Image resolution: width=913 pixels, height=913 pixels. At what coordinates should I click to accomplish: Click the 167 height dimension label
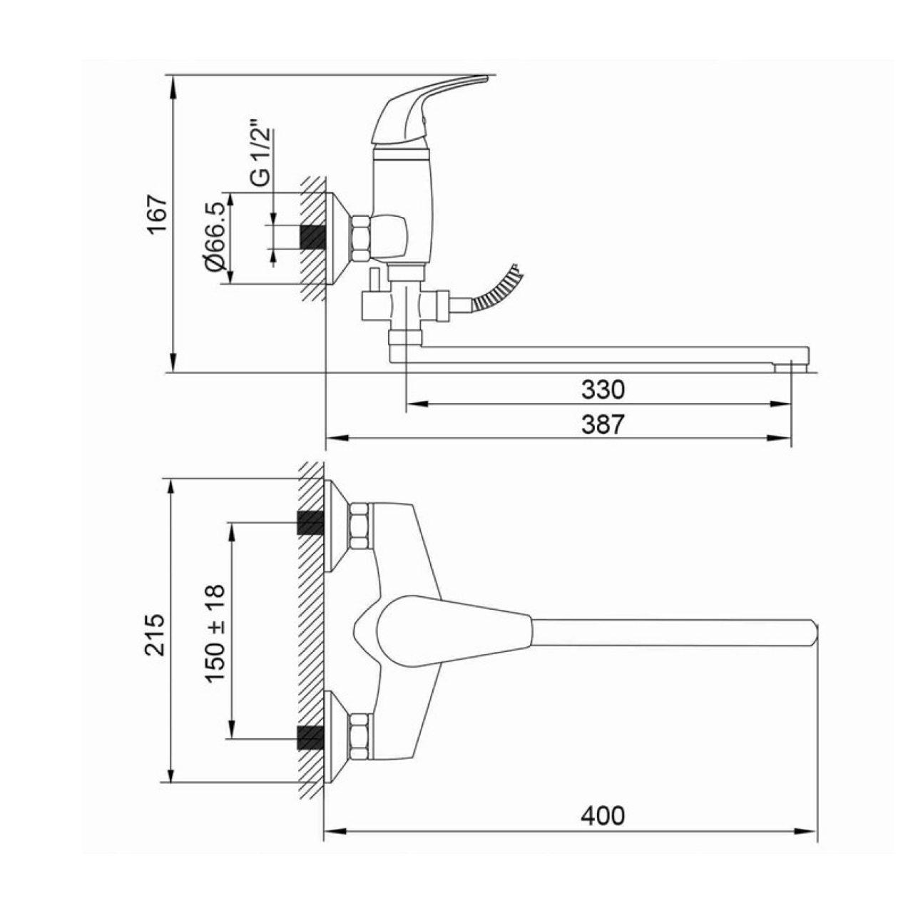[x=158, y=214]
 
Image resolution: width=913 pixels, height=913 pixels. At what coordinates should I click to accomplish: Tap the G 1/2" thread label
[x=261, y=156]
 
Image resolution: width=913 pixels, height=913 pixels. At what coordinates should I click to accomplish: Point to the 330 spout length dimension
[x=603, y=390]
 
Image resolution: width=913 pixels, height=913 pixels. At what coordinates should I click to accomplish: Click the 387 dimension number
[x=603, y=424]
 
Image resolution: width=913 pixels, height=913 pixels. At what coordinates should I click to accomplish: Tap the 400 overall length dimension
[x=603, y=816]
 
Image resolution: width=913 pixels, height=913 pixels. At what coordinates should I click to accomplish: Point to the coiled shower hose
[x=497, y=290]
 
